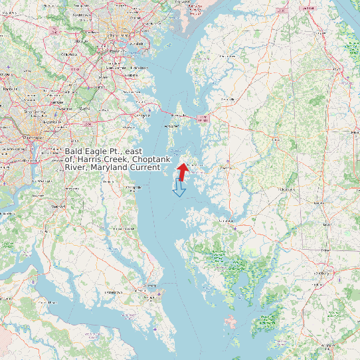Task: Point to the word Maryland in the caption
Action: (112, 167)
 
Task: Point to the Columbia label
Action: (69, 55)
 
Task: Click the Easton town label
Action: (226, 168)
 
